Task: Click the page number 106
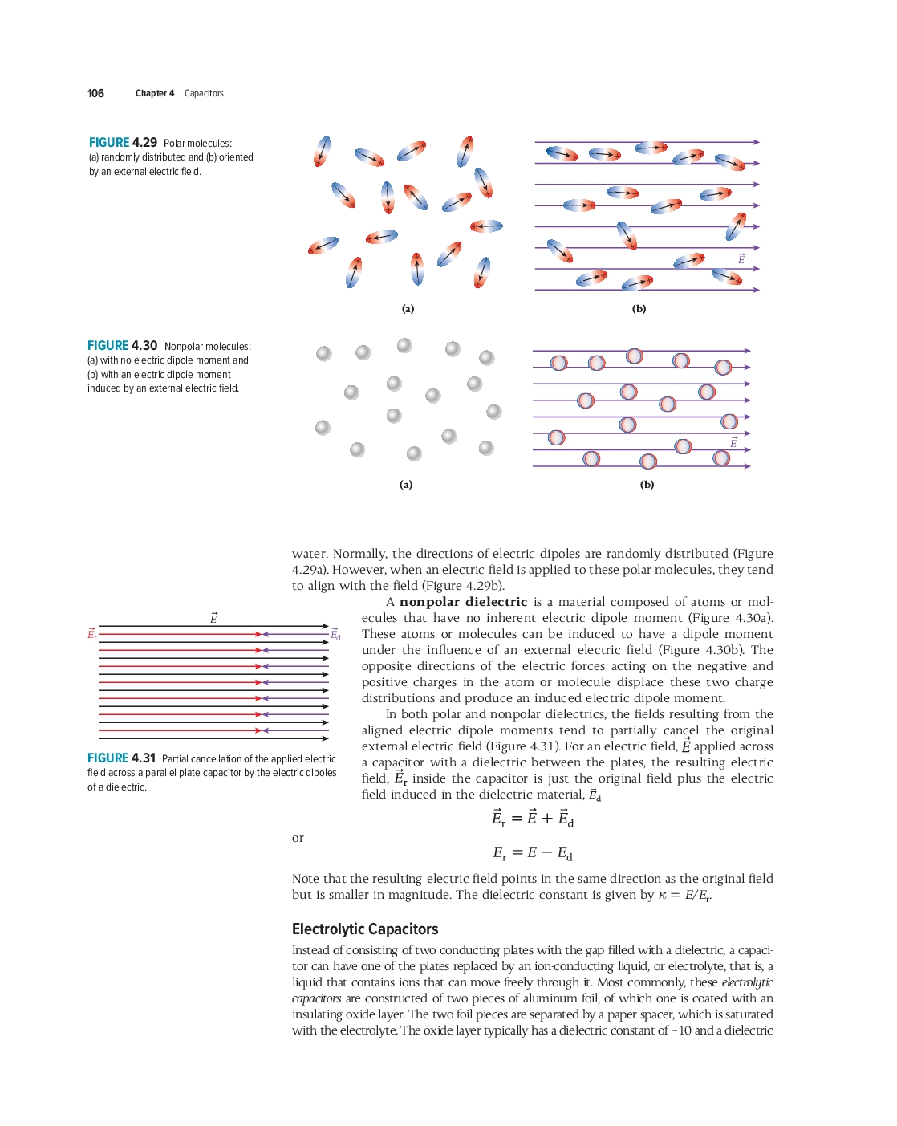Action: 95,93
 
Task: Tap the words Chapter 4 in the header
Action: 155,93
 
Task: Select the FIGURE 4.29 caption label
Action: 123,143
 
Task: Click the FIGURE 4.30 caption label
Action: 122,346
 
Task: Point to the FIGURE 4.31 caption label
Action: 121,758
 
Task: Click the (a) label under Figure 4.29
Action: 408,309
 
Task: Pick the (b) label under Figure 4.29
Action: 639,309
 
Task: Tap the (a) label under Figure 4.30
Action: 406,485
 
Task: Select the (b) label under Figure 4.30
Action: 647,485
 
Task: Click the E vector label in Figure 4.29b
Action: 741,258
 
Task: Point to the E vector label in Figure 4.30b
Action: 733,443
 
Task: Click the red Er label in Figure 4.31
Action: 91,634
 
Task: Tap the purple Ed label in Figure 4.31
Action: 335,635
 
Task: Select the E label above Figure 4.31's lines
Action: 213,618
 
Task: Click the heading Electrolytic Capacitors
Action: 365,929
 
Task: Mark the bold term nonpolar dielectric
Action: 463,602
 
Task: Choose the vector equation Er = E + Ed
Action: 533,819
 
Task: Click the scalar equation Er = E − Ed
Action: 533,853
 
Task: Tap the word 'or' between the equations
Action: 298,838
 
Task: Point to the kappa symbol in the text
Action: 662,896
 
